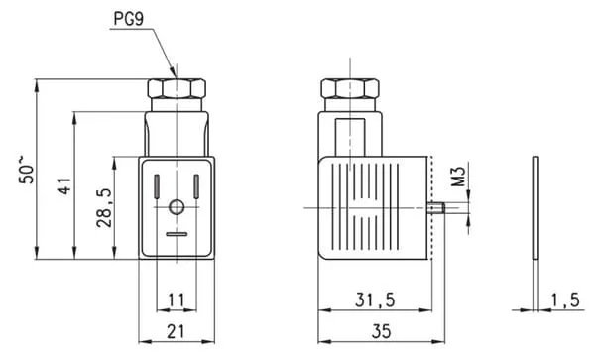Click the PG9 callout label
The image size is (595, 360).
(129, 19)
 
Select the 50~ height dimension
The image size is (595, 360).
(26, 170)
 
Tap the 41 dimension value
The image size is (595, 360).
(64, 185)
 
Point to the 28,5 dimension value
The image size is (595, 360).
(103, 207)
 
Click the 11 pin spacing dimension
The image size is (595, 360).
(177, 300)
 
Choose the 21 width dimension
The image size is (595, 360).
(177, 331)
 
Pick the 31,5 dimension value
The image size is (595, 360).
(375, 300)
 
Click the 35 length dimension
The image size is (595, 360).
(381, 331)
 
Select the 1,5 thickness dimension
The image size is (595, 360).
(565, 300)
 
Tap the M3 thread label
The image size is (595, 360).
(459, 177)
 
